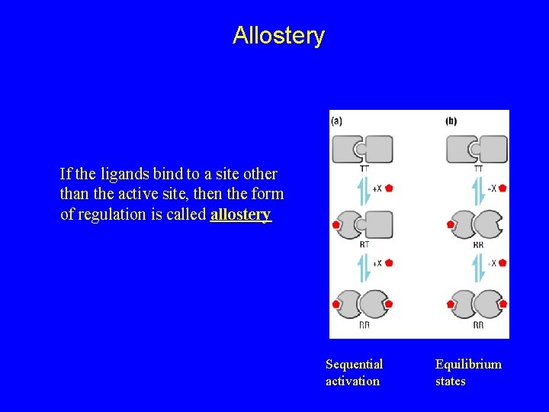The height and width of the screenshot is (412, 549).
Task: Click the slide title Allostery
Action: point(278,36)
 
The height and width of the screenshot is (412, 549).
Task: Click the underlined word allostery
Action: point(240,214)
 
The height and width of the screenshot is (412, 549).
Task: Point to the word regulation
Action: point(111,214)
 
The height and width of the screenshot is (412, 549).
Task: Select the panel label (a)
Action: point(336,121)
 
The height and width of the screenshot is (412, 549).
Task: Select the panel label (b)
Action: point(451,121)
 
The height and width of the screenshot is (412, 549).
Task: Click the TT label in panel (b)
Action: point(478,168)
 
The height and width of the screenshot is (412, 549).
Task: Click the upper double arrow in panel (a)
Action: point(364,189)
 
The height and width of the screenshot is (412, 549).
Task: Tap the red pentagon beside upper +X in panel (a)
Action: point(389,187)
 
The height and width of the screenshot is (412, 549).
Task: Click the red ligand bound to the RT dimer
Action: point(335,225)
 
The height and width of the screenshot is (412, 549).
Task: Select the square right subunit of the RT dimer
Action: point(378,224)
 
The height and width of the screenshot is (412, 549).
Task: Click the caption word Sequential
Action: point(354,365)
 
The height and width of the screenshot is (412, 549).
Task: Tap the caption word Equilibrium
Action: point(468,365)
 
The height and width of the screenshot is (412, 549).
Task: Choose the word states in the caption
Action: point(450,381)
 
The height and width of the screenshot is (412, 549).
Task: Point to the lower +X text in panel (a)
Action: point(377,263)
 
